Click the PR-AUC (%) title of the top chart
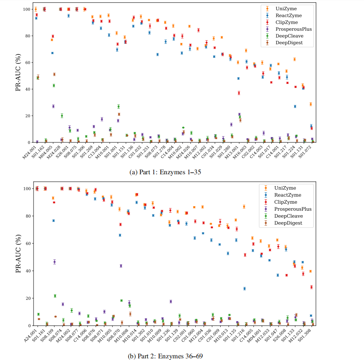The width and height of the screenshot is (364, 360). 18,76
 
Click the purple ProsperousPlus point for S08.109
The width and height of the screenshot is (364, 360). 54,262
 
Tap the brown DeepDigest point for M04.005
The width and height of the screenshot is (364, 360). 54,74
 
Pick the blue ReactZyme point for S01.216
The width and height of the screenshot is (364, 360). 244,288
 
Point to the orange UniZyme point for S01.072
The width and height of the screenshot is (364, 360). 310,104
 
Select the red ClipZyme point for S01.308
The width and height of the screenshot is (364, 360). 311,287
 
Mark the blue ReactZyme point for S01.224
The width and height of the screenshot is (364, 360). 295,106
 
